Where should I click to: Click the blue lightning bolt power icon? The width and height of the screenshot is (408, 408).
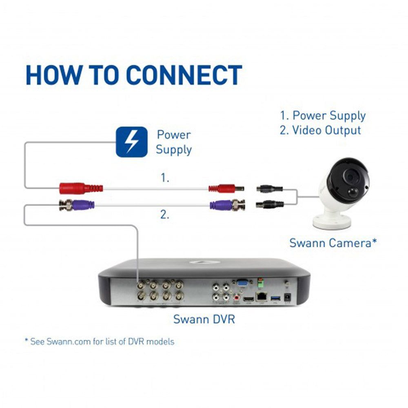pyautogui.click(x=131, y=142)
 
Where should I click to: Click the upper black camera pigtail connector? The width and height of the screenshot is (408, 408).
pyautogui.click(x=269, y=188)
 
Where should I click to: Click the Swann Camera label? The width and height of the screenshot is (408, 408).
pyautogui.click(x=333, y=243)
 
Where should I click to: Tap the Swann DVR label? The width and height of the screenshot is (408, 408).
pyautogui.click(x=204, y=319)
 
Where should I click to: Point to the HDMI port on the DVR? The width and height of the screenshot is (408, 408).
pyautogui.click(x=247, y=299)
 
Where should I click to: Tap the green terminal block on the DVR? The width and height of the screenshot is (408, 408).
pyautogui.click(x=259, y=282)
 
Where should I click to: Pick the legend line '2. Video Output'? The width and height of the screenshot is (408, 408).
pyautogui.click(x=321, y=131)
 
